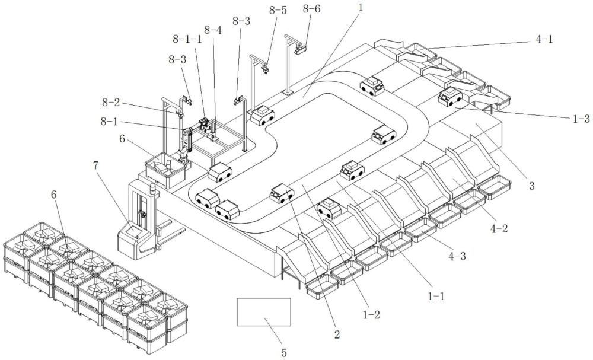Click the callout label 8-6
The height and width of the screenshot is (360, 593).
pos(312,9)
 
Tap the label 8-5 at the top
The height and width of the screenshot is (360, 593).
pos(278,10)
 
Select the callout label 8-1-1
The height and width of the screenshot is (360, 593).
pos(187,38)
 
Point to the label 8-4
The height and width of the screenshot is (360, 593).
pos(213,30)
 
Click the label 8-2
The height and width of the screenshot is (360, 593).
pos(110,102)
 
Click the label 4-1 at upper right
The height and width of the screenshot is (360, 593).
pos(544,39)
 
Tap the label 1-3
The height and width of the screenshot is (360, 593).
pos(581,119)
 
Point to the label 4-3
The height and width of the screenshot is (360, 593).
pos(457,256)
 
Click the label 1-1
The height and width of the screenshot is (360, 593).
pos(436,296)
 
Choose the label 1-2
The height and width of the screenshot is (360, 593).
pos(371,314)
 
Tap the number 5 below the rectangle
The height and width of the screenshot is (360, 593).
pos(284,352)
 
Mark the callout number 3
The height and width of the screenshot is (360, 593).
pos(532,186)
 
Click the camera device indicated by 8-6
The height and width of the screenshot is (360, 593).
pos(301,48)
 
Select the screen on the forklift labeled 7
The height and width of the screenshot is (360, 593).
pos(133,229)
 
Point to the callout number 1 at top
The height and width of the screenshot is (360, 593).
pos(361,8)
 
